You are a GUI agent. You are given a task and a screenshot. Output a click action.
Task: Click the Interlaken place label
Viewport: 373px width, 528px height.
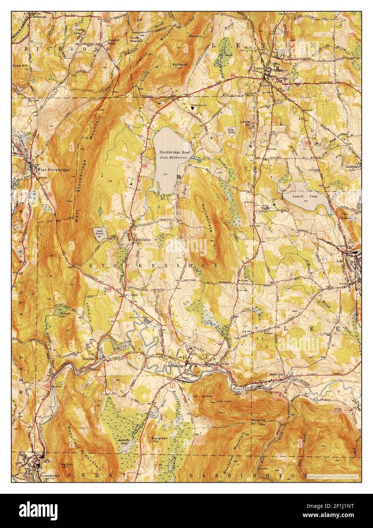pos(144,240)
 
